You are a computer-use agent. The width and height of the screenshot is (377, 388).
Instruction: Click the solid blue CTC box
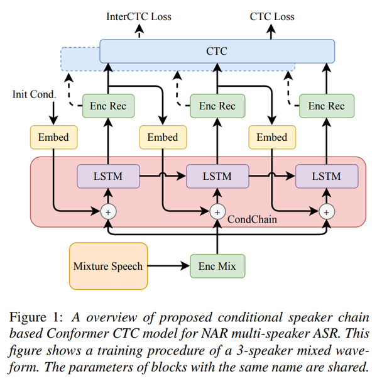(217, 51)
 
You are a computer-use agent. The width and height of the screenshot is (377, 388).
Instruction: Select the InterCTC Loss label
(139, 17)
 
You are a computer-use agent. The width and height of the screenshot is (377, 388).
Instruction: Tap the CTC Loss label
(272, 17)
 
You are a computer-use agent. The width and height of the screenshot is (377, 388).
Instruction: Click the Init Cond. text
(34, 94)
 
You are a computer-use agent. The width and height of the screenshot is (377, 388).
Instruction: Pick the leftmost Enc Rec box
(108, 106)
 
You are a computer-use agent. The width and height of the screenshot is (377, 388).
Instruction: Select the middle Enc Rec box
(217, 106)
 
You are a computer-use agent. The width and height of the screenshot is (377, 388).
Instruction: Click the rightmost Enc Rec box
(327, 106)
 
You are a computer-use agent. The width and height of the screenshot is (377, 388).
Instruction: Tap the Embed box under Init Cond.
(53, 137)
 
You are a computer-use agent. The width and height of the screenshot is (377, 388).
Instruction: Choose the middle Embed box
(163, 137)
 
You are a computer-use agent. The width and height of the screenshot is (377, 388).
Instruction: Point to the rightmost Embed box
(272, 137)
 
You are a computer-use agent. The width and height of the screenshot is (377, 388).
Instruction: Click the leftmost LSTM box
(108, 177)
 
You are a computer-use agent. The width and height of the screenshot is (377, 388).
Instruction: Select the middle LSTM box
(217, 177)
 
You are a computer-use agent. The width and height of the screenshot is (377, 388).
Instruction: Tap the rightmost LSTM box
(327, 177)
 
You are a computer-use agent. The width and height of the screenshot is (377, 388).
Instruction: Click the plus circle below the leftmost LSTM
(108, 212)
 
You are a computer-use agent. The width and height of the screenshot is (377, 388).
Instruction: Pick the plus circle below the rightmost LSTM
(327, 212)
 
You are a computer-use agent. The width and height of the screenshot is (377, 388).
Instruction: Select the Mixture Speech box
(108, 266)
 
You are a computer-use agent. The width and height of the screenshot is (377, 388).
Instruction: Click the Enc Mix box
(217, 266)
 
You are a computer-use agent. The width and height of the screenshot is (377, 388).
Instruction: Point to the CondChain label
(252, 219)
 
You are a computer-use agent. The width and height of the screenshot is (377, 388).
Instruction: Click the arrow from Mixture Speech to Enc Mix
(169, 266)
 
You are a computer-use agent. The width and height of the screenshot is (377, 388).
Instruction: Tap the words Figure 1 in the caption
(36, 318)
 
